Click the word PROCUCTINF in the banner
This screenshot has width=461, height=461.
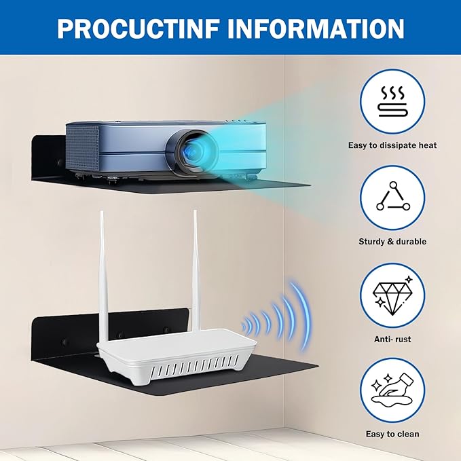click(x=139, y=29)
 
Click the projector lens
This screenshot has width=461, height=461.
click(x=191, y=151)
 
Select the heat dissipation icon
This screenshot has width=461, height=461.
click(x=392, y=101)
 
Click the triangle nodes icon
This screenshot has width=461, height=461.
click(x=393, y=196)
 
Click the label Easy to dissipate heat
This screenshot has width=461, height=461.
click(x=392, y=145)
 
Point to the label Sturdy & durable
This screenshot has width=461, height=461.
click(x=392, y=242)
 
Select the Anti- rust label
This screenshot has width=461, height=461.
click(x=392, y=339)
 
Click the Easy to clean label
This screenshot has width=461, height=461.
click(x=392, y=434)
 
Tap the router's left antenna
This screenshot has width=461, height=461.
click(x=103, y=276)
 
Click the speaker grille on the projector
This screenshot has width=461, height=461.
click(x=83, y=148)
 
